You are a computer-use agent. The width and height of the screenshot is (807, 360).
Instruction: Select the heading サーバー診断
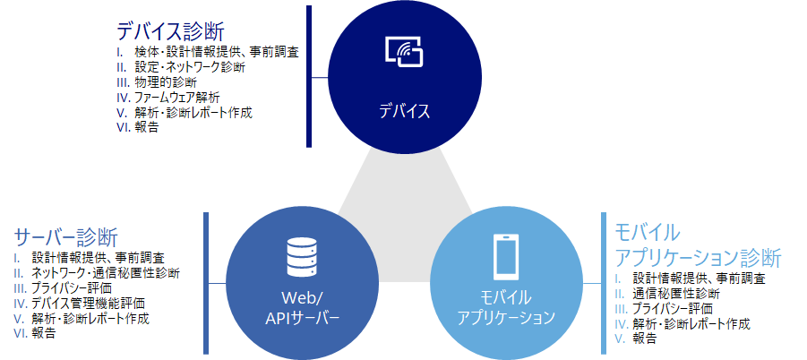coord(66,237)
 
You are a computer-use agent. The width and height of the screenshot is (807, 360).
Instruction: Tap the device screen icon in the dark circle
coord(403,52)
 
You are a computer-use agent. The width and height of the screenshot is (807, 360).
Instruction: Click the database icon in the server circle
coord(301,257)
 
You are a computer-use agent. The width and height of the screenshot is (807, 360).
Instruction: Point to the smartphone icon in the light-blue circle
coord(506,256)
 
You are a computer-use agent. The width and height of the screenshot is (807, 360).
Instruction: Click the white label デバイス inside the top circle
coord(403,112)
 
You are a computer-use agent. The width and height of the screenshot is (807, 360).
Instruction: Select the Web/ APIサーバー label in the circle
coord(301,307)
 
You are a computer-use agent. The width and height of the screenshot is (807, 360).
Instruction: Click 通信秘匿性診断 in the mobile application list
coord(676,293)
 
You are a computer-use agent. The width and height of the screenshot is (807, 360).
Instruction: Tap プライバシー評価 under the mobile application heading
coord(672,308)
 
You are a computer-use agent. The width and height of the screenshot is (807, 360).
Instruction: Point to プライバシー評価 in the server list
coord(71,287)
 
